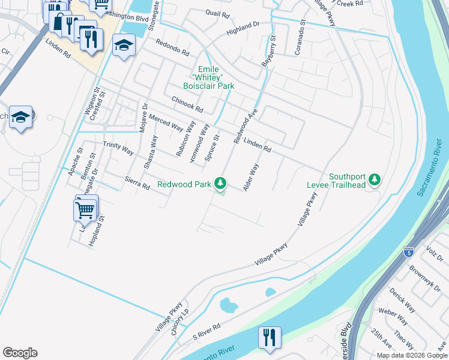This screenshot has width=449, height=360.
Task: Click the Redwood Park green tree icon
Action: click(221, 182)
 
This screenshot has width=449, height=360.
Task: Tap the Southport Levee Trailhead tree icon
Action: click(375, 179)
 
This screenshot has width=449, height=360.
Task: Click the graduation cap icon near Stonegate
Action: click(124, 46)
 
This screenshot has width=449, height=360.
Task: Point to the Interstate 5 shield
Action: click(409, 251)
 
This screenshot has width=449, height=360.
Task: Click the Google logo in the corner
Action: click(20, 353)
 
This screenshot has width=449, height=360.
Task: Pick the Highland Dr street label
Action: click(243, 27)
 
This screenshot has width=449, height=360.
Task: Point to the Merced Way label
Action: click(166, 122)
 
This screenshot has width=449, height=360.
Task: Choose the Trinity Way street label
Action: click(118, 148)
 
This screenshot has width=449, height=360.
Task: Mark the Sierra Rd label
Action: click(137, 183)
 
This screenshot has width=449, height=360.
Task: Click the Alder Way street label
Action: click(251, 178)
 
